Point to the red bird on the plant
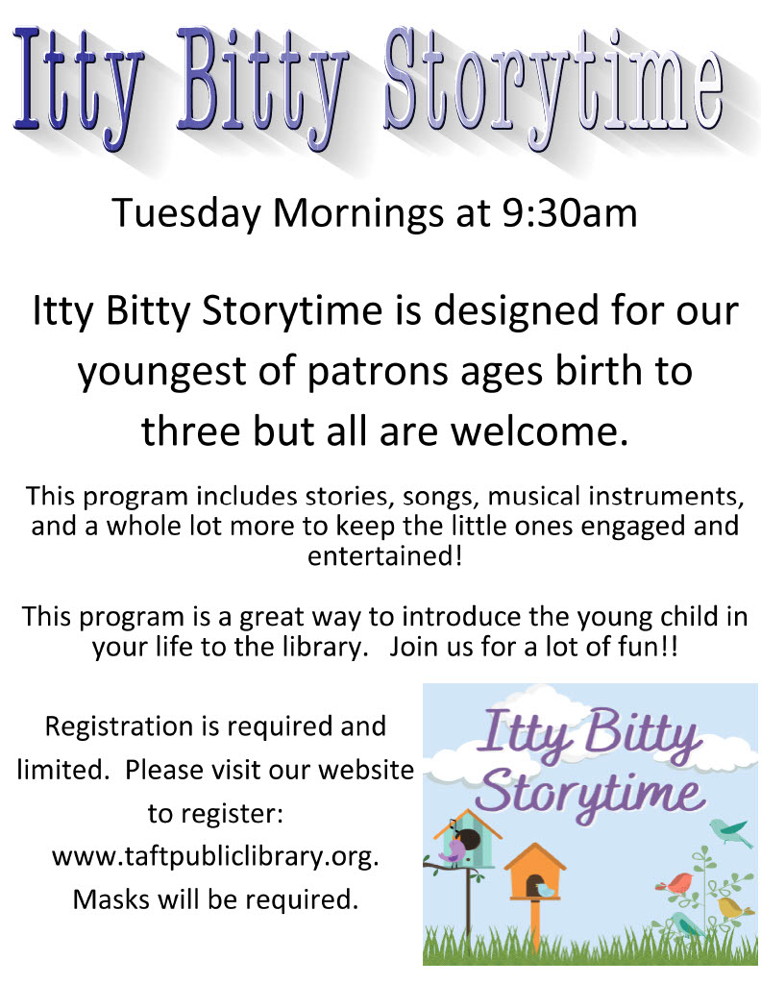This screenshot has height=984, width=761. (x=674, y=884)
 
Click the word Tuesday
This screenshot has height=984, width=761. (x=186, y=214)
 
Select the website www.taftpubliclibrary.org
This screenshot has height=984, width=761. (x=215, y=856)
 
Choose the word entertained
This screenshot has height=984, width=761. (x=384, y=556)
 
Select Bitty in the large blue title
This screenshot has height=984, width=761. (x=262, y=86)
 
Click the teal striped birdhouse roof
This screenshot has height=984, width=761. (x=468, y=823)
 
